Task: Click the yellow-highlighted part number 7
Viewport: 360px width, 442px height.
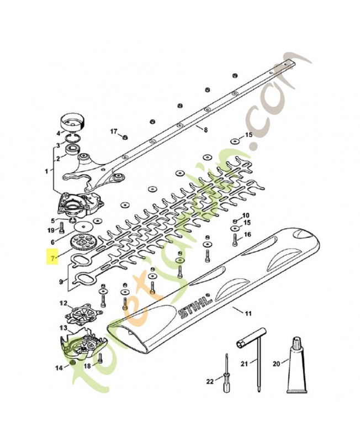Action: point(52,257)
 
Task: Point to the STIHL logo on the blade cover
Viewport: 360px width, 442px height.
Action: point(194,306)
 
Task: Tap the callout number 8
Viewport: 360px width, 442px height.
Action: point(205,130)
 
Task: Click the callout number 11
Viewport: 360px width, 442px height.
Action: point(248,313)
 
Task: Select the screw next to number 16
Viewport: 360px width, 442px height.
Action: point(235,240)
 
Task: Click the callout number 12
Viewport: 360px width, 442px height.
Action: point(63,303)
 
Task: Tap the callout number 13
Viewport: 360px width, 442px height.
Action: point(63,328)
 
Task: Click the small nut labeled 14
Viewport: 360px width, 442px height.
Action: point(72,362)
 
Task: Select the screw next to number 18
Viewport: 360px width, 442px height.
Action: point(100,358)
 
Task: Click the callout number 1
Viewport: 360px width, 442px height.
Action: point(46,171)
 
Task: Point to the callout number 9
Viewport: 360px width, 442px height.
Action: point(61,281)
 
